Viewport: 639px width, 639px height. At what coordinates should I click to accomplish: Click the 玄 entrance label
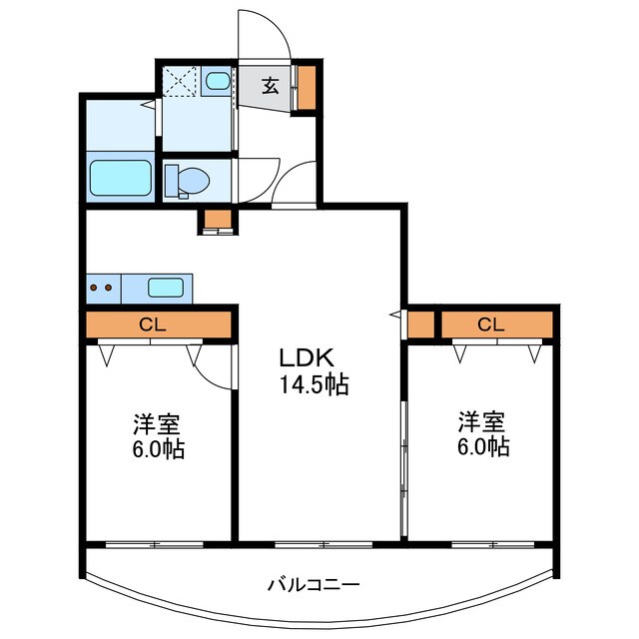[x=271, y=86]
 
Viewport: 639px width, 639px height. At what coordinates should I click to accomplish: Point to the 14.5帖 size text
[x=314, y=385]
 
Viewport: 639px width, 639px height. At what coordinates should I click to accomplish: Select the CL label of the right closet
[x=489, y=323]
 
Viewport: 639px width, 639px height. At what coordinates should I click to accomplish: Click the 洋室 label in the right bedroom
[x=483, y=421]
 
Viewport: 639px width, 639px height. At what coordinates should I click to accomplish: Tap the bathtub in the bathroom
[x=120, y=179]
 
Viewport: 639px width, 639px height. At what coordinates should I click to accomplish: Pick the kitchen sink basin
[x=166, y=288]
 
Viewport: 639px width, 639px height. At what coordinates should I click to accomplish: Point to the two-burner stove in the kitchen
[x=102, y=288]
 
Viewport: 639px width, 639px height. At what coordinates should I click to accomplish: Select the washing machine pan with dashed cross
[x=181, y=81]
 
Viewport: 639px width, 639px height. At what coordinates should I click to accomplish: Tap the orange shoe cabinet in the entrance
[x=308, y=85]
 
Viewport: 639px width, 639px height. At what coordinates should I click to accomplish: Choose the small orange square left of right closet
[x=420, y=323]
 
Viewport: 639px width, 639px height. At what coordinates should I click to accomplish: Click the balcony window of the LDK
[x=319, y=544]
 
